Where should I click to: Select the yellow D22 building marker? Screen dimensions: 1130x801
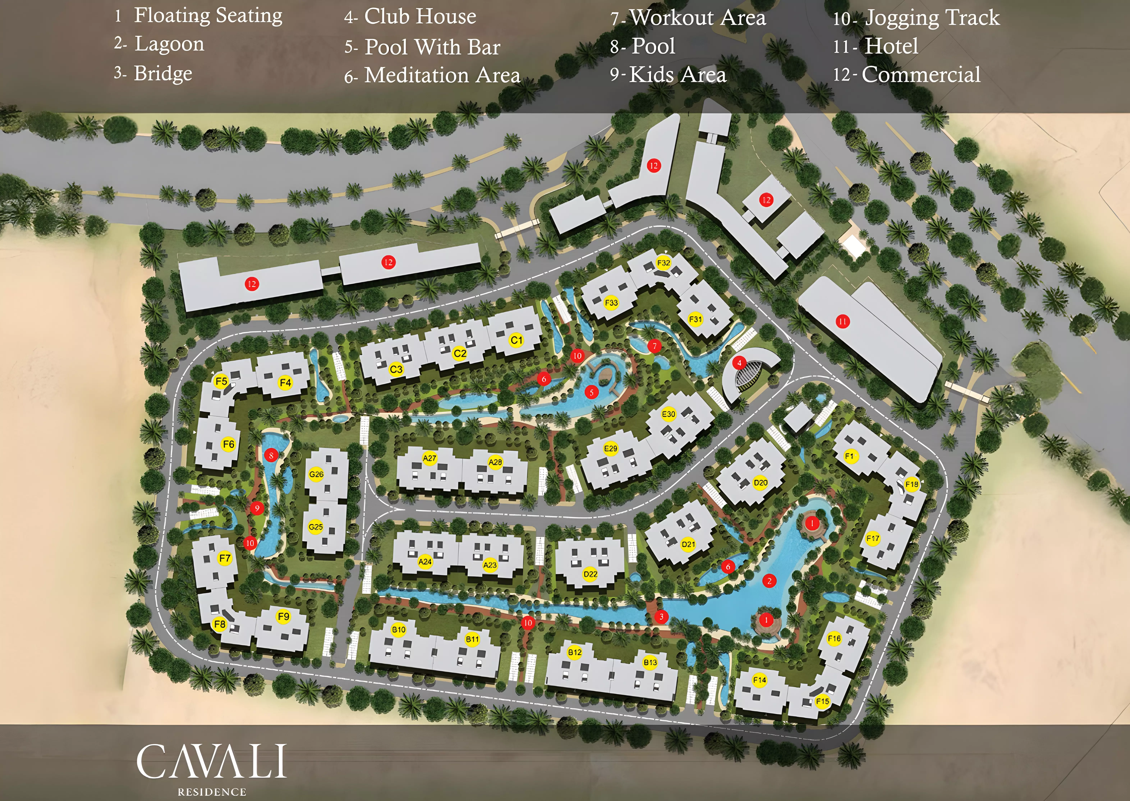coord(590,574)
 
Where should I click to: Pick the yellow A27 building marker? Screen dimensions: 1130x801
coord(430,458)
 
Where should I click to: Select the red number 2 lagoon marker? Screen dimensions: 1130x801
coord(769,581)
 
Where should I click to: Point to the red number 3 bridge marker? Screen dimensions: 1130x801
coord(662,617)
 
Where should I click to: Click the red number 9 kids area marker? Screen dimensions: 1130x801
coord(257,508)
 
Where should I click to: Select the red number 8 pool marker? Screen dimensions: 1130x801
coord(271,455)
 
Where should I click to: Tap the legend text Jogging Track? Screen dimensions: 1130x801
coord(932,18)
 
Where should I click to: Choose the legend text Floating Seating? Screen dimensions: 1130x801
coord(208,15)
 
